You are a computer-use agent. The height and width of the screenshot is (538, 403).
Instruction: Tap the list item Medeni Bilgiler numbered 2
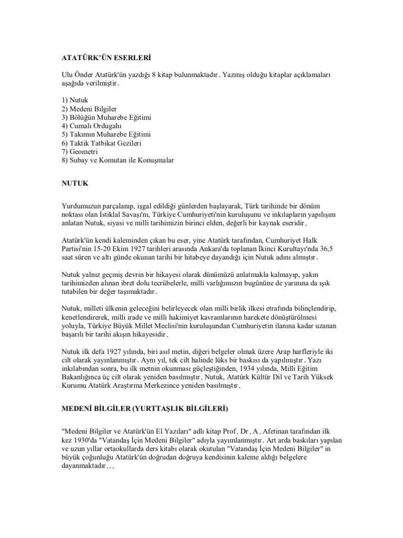[x=87, y=108]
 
